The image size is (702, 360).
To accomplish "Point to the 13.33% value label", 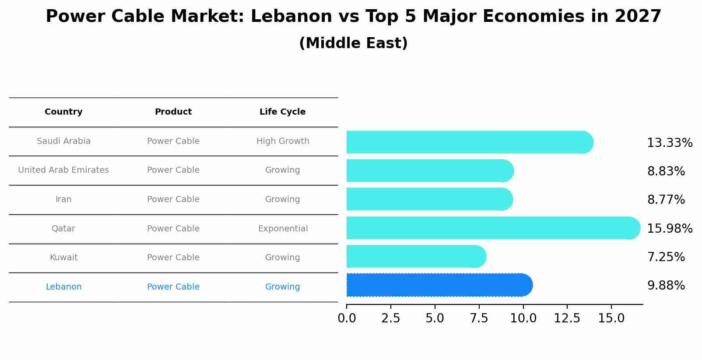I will pos(669,143).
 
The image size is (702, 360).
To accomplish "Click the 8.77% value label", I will pos(666,200).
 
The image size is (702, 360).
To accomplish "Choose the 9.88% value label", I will pos(666,286).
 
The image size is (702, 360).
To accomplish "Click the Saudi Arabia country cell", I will pos(63,141).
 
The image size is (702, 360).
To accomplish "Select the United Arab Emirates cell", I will pos(63,170).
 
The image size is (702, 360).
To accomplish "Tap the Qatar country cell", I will pos(63,229).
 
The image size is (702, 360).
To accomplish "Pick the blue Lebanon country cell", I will pos(63,287).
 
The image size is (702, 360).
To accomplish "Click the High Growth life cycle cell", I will pos(283,141).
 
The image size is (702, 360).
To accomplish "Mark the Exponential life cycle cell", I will pos(283,229).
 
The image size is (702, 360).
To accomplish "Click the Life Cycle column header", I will pos(282,112).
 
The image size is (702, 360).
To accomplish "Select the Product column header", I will pos(173,112).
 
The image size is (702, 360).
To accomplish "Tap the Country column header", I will pos(63,112).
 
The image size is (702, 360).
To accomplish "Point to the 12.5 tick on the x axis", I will pos(567,318).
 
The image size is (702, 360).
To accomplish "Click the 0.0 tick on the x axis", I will pos(347,318).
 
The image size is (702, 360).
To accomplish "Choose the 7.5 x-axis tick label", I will pos(479,318).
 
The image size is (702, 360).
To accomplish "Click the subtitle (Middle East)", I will pos(353,43).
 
